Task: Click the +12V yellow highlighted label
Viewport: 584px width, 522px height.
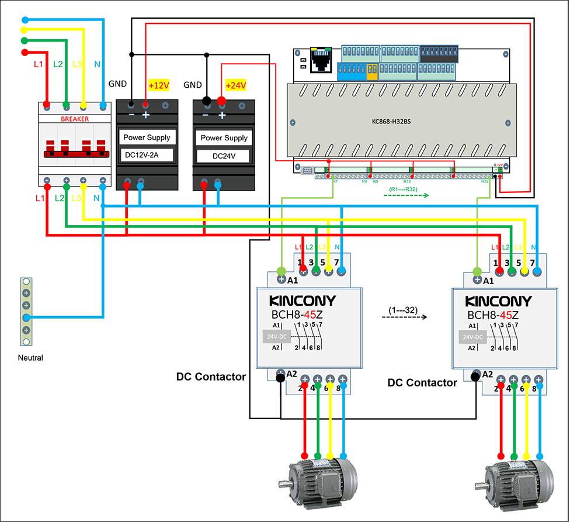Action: pyautogui.click(x=159, y=85)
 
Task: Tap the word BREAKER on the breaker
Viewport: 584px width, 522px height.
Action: pyautogui.click(x=75, y=119)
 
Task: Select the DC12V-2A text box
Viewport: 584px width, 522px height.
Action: pyautogui.click(x=146, y=155)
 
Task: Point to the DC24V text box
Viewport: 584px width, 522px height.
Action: pyautogui.click(x=224, y=156)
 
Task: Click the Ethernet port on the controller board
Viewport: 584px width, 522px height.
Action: pyautogui.click(x=320, y=58)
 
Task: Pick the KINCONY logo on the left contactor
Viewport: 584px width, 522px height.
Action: pyautogui.click(x=303, y=301)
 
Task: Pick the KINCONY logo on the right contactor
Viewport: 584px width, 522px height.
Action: pyautogui.click(x=499, y=301)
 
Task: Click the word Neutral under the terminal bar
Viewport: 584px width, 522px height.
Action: pyautogui.click(x=30, y=358)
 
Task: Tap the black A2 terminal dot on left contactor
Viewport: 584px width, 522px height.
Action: pyautogui.click(x=280, y=378)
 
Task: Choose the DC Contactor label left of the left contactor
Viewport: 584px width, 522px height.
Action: pyautogui.click(x=211, y=377)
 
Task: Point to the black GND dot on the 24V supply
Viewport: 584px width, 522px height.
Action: pyautogui.click(x=206, y=101)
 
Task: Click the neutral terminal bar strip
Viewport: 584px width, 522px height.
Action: pyautogui.click(x=26, y=306)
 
